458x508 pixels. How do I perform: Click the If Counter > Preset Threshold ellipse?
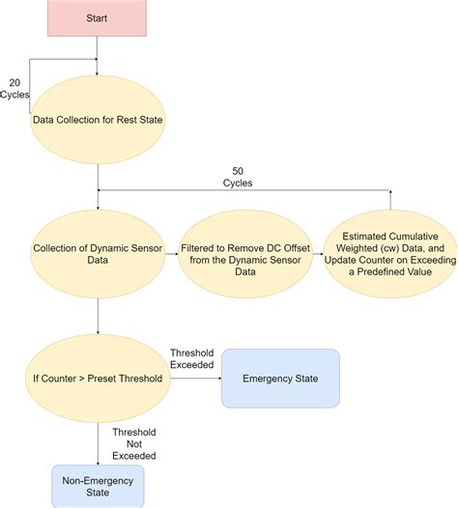point(98,379)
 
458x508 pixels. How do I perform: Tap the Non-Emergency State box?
point(98,486)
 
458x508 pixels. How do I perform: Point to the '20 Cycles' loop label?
point(16,88)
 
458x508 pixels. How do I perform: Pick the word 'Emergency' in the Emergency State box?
point(263,379)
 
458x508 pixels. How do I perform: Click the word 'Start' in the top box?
point(98,16)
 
